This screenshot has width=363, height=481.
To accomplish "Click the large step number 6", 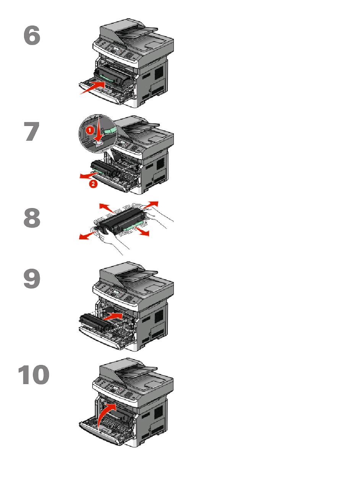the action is click(x=32, y=36).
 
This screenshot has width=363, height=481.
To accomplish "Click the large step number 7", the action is click(x=32, y=131).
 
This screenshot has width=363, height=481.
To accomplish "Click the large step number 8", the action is click(x=32, y=218).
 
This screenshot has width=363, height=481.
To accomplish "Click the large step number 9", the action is click(x=32, y=279).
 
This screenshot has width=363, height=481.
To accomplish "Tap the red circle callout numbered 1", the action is click(x=90, y=131).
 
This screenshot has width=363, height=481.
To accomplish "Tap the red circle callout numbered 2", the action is click(x=93, y=183).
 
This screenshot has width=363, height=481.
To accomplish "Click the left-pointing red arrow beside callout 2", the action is click(x=88, y=175).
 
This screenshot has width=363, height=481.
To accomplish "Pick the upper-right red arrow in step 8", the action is click(x=150, y=205).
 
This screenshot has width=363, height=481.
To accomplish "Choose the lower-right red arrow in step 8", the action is click(x=142, y=231).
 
